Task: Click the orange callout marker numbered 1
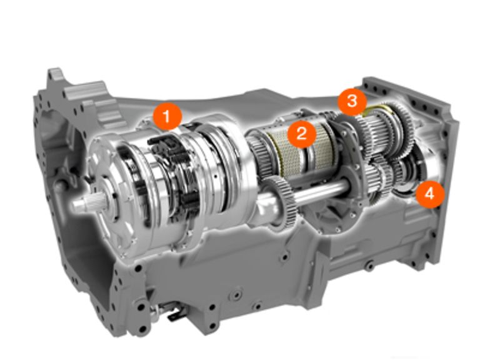click(x=167, y=116)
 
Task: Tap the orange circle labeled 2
click(x=301, y=134)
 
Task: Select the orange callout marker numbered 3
click(x=352, y=101)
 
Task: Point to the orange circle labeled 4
click(x=430, y=194)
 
